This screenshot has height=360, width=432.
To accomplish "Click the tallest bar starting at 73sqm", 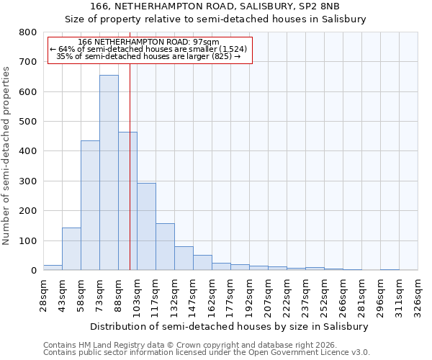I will (109, 173).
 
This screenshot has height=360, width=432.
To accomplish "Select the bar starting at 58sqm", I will (90, 205).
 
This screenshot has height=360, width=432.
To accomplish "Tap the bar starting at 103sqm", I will (146, 227).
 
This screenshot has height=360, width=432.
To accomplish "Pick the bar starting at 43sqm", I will (71, 249).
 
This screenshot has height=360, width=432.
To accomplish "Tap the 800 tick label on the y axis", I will (27, 32).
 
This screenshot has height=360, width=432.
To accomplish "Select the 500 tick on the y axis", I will (27, 122).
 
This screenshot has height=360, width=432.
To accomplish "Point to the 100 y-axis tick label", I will (27, 240).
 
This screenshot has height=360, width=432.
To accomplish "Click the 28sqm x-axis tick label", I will (43, 292).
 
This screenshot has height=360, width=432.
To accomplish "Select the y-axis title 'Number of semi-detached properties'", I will (6, 151).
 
